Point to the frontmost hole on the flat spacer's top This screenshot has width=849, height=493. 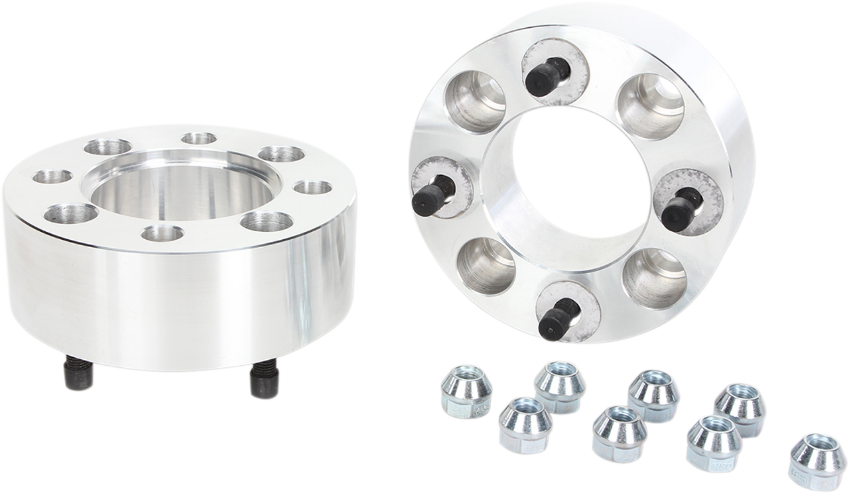coord(163,233)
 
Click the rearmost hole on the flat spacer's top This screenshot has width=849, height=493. coord(198,138)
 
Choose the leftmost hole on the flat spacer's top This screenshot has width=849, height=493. coord(52,177)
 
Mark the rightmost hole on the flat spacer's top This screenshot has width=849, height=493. coord(311,188)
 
